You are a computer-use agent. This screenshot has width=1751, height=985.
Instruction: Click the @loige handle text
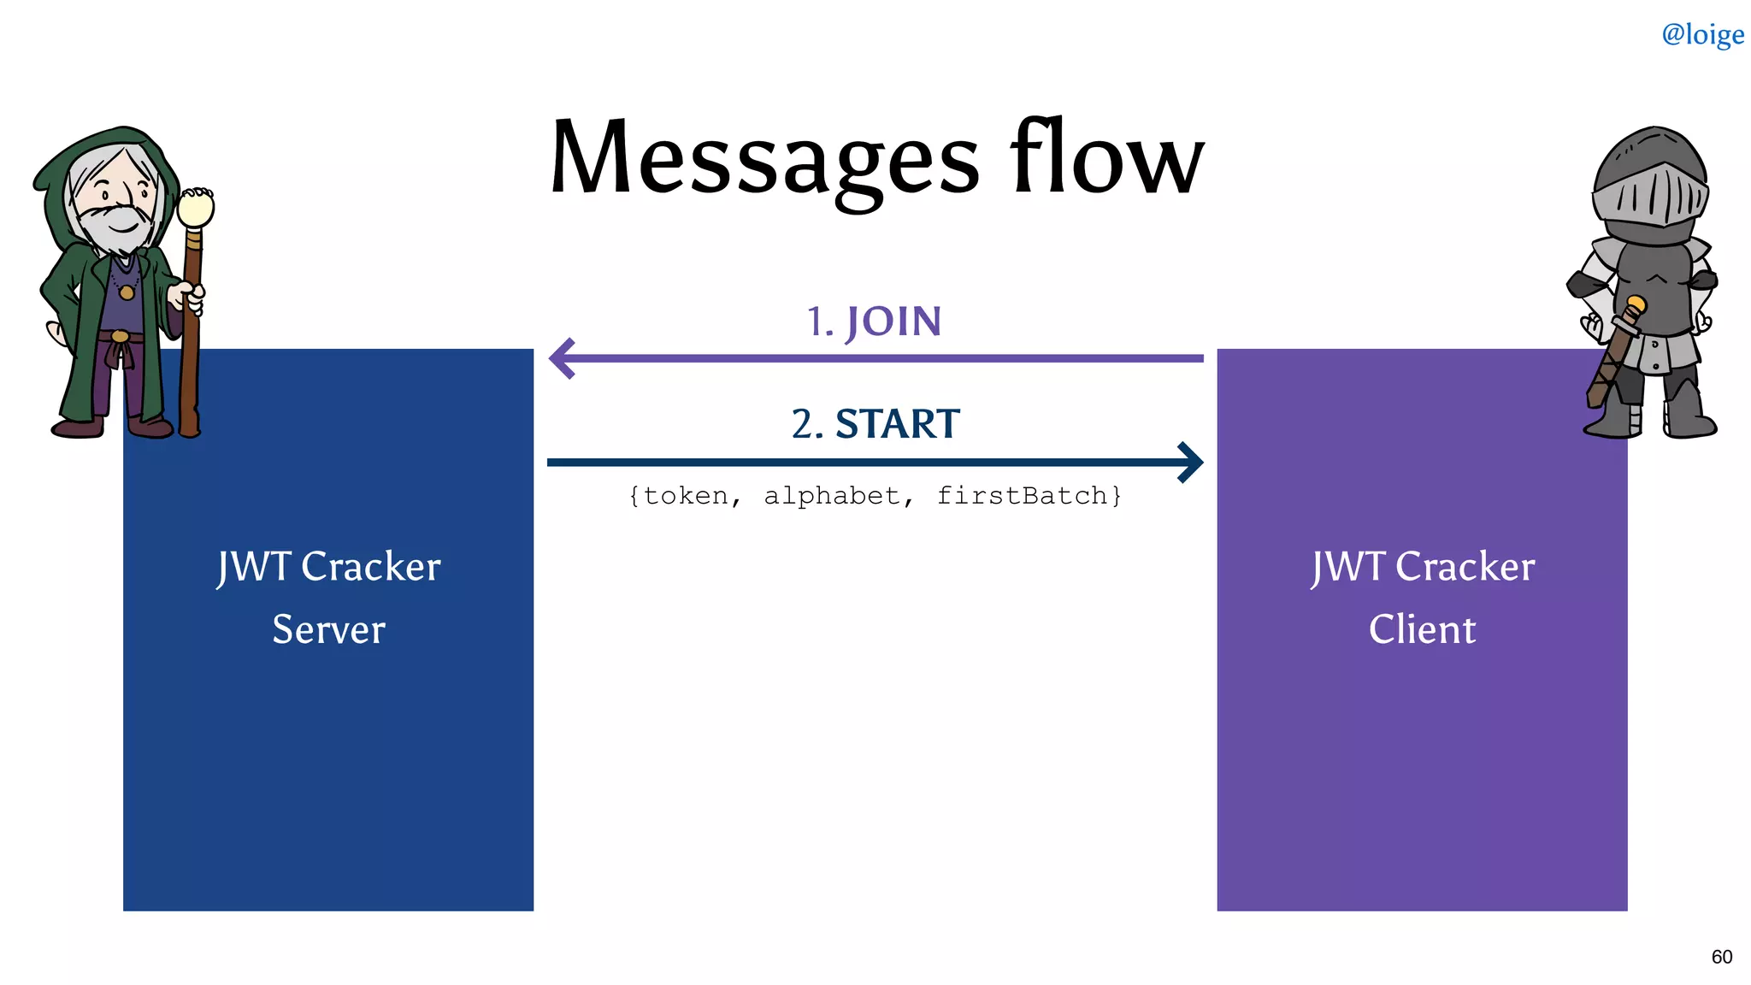coord(1702,34)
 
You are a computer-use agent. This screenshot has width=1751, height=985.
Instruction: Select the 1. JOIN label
coord(874,322)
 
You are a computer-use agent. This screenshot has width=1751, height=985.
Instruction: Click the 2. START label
coord(875,424)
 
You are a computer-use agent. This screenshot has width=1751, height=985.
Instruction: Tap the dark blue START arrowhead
coord(1191,463)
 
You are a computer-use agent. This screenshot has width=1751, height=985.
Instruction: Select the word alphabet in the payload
coord(832,496)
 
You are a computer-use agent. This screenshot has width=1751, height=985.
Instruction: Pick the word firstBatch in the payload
coord(1022,496)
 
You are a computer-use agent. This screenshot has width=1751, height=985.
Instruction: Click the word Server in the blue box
coord(328,630)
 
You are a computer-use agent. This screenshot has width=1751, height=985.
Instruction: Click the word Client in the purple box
coord(1422,630)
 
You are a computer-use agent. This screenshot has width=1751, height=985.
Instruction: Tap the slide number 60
coord(1721,957)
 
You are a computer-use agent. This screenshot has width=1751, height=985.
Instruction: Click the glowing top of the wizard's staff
coord(196,207)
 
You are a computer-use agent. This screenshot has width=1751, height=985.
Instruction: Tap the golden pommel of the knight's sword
coord(1636,304)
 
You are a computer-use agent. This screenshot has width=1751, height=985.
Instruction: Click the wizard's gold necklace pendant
coord(127,292)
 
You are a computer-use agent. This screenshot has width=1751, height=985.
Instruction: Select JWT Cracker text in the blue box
coord(328,567)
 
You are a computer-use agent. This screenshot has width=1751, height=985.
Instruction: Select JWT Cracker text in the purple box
coord(1422,567)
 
